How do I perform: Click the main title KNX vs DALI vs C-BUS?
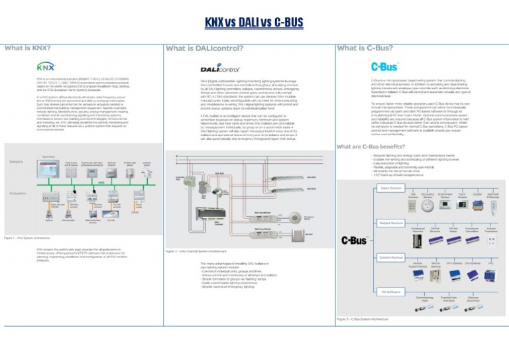click(254, 23)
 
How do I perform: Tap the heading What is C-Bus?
click(365, 48)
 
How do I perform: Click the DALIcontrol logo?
click(219, 68)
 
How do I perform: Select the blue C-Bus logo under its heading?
click(384, 67)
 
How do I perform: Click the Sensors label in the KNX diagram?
click(17, 162)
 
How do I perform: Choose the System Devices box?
click(392, 257)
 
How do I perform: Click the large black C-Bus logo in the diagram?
click(353, 240)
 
